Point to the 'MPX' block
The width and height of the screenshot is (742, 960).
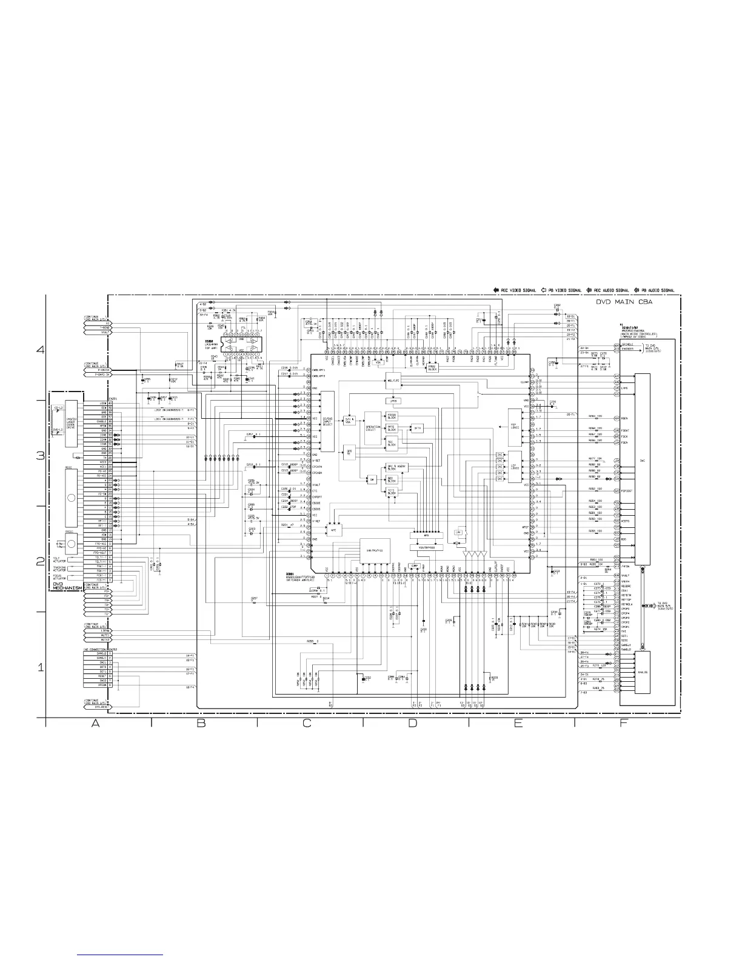click(x=426, y=535)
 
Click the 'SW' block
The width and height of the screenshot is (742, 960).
click(x=372, y=478)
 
